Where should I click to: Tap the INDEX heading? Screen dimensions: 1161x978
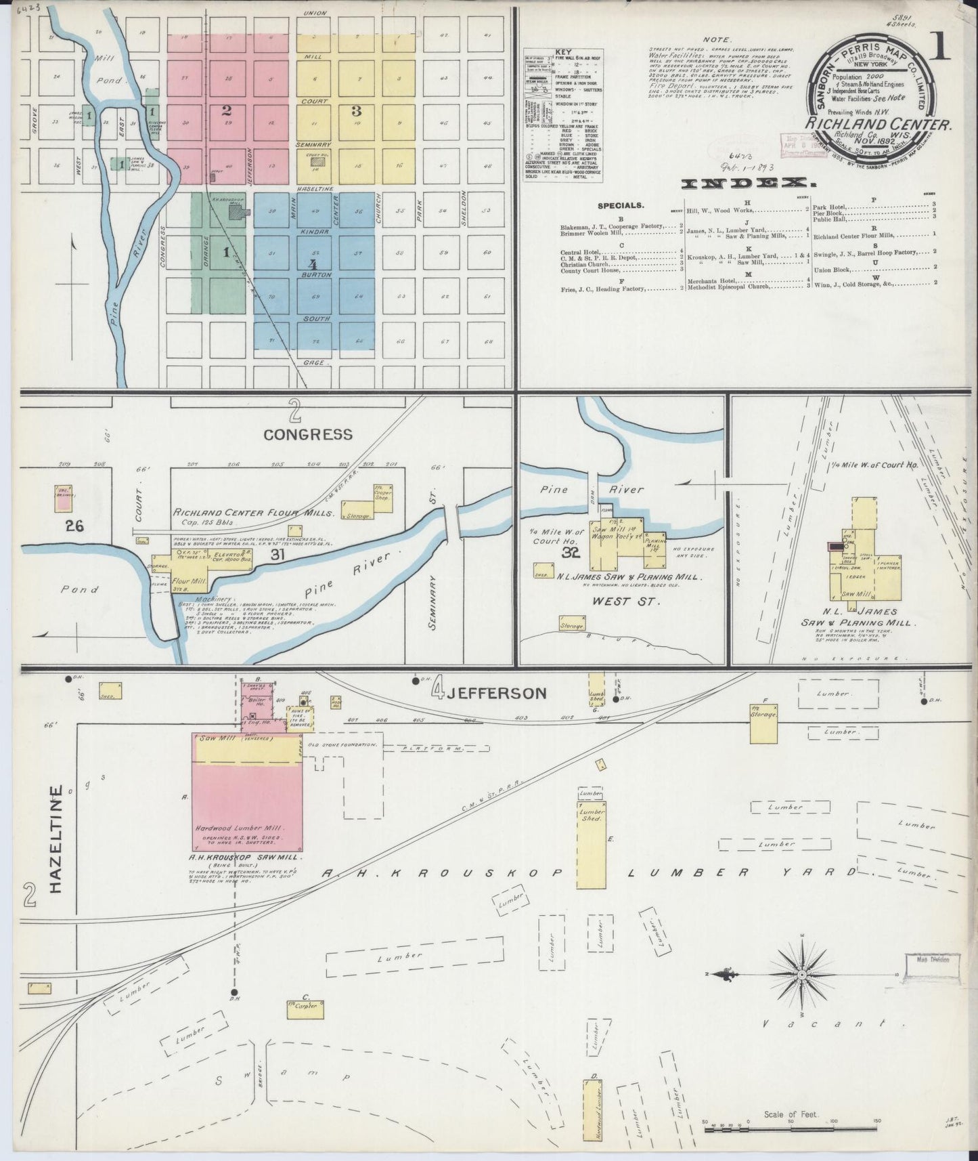point(747,183)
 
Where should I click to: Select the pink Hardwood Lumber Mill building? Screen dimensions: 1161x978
point(247,805)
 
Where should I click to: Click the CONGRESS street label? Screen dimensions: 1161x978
point(308,434)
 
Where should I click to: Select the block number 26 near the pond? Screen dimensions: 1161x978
point(74,525)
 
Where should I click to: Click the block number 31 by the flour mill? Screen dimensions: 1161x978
point(277,554)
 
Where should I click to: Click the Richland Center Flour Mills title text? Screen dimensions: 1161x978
point(254,513)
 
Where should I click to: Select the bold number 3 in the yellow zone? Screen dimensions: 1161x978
point(356,112)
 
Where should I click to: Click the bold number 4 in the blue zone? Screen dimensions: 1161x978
point(312,263)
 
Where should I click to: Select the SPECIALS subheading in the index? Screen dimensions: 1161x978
point(621,205)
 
